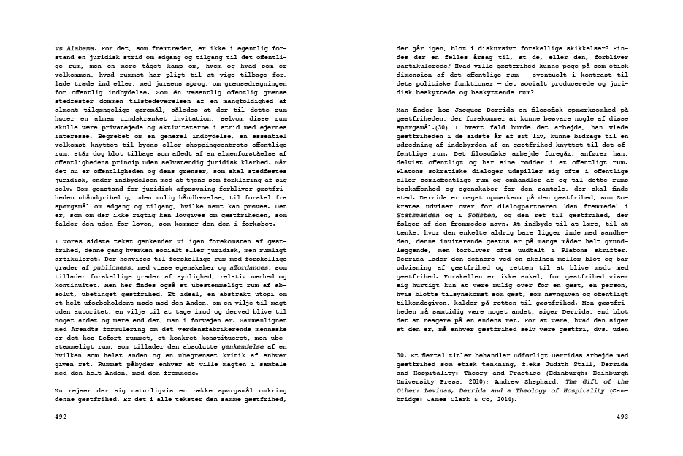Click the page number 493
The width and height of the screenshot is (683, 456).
click(622, 418)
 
